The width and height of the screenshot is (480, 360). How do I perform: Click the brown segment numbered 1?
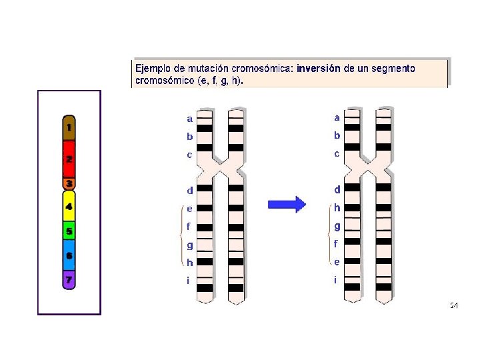pyautogui.click(x=69, y=127)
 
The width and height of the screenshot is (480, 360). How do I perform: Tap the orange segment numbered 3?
pyautogui.click(x=69, y=183)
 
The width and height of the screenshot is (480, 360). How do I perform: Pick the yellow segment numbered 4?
pyautogui.click(x=69, y=207)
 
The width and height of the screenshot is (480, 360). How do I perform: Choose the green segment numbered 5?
pyautogui.click(x=69, y=231)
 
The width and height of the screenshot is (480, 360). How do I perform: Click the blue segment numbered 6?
pyautogui.click(x=69, y=255)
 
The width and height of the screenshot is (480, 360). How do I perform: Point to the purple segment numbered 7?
pyautogui.click(x=69, y=279)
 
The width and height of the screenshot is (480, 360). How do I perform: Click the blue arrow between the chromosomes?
pyautogui.click(x=287, y=204)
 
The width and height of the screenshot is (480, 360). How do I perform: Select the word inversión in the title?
pyautogui.click(x=319, y=68)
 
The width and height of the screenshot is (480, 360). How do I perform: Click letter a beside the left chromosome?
pyautogui.click(x=190, y=119)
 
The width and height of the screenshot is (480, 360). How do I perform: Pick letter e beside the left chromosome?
pyautogui.click(x=190, y=209)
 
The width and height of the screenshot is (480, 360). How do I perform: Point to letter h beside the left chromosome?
pyautogui.click(x=190, y=262)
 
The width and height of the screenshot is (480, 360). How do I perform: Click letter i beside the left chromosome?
pyautogui.click(x=189, y=280)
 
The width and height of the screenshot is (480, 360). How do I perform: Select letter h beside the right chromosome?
pyautogui.click(x=337, y=209)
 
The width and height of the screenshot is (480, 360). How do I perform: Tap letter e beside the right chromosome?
pyautogui.click(x=337, y=262)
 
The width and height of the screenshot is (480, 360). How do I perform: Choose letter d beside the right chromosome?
pyautogui.click(x=337, y=191)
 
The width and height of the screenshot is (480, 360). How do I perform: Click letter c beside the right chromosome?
pyautogui.click(x=337, y=154)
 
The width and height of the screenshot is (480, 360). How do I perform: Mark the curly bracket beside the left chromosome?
pyautogui.click(x=181, y=235)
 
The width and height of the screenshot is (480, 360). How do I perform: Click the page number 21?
pyautogui.click(x=453, y=305)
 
